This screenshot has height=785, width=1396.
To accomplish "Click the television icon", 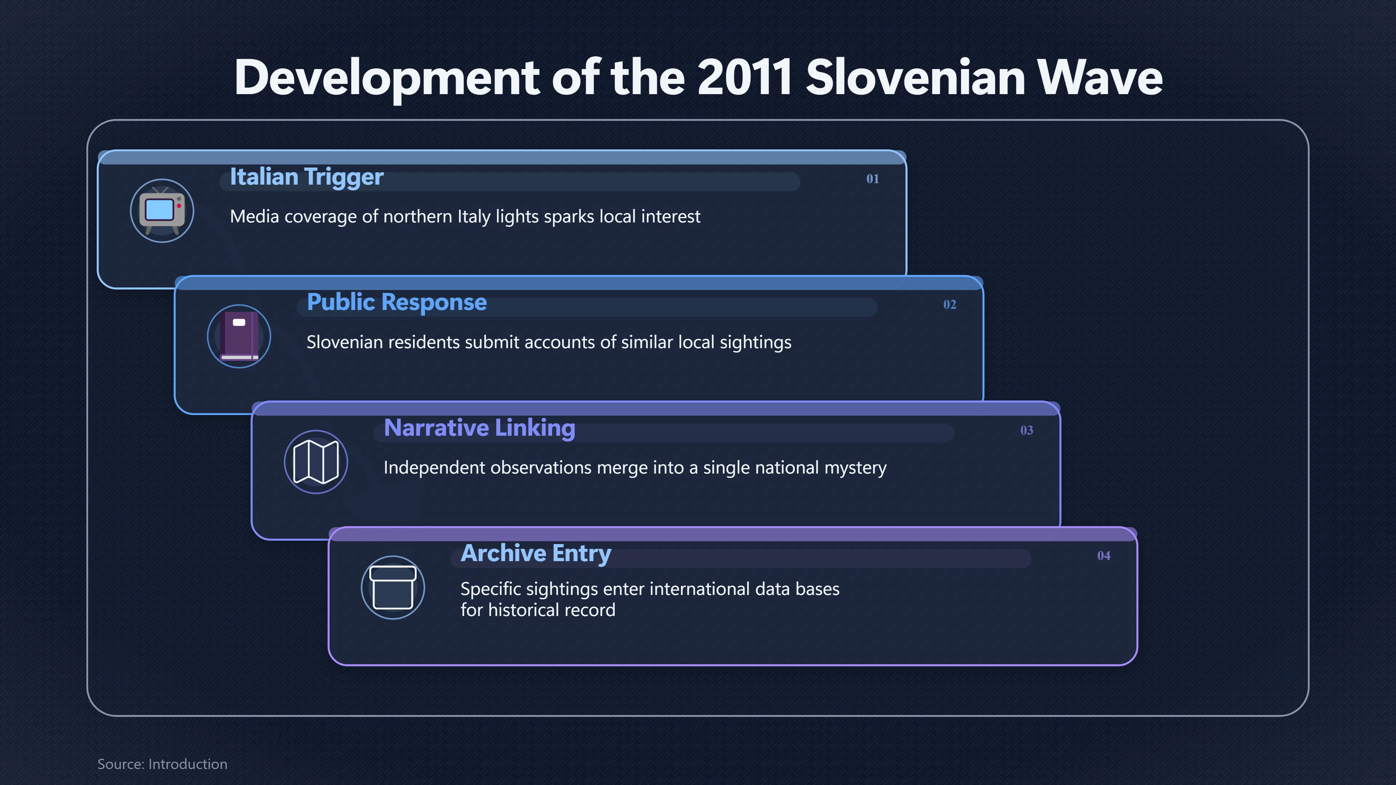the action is pos(162,211).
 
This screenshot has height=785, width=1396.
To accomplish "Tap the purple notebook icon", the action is pos(239,336).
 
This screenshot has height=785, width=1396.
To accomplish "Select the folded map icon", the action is pos(316,462).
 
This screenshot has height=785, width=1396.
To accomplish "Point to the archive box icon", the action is pos(393,587).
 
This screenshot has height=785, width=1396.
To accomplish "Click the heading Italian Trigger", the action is pos(307,177).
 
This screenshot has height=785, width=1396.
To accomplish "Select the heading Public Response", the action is pos(397,302).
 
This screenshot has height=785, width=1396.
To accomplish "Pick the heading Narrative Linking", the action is pos(480,428).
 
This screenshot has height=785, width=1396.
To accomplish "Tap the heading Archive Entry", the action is pos(536,553).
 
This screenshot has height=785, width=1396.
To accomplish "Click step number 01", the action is pos(872,179).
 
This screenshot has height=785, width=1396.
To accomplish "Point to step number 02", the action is pos(950,305).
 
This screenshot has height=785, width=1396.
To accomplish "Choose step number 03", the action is pos(1026,430).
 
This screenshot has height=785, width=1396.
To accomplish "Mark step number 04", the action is pos(1103,555).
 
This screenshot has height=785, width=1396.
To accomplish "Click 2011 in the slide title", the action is pos(745,77).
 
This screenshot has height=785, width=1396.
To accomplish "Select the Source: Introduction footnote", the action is pos(162,764).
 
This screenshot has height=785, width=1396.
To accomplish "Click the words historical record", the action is pos(552,610).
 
